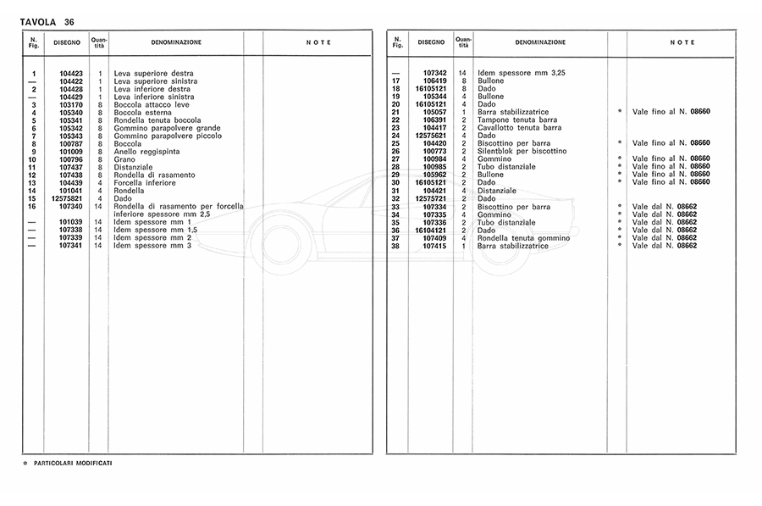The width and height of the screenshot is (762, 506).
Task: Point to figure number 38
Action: [x=395, y=246]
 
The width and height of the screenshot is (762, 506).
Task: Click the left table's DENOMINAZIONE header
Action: [x=176, y=42]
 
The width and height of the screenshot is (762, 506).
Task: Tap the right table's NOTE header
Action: [x=682, y=42]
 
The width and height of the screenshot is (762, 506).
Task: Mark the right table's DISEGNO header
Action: [x=431, y=42]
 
